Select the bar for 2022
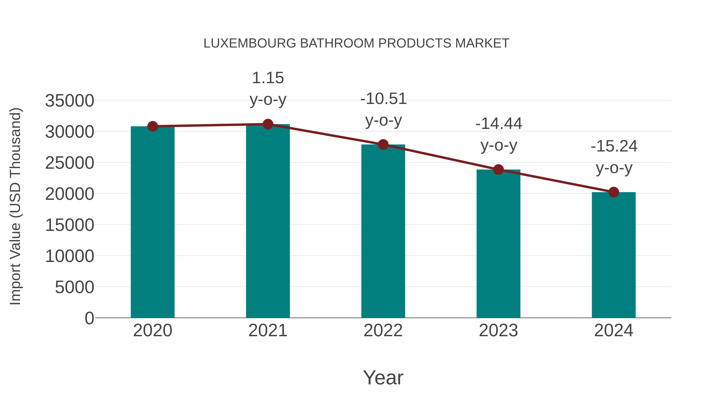pos(383,231)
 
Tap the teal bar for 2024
pos(614,255)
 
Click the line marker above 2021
pos(268,124)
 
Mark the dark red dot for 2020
pos(153,127)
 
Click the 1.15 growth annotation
pos(268,78)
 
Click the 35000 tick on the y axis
pos(70,101)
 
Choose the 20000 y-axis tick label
pos(70,194)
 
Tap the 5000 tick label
pos(74,287)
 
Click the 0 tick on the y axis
pos(89,318)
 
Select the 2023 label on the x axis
pos(498,331)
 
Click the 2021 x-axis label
pos(268,331)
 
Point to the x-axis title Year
pos(383,377)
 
